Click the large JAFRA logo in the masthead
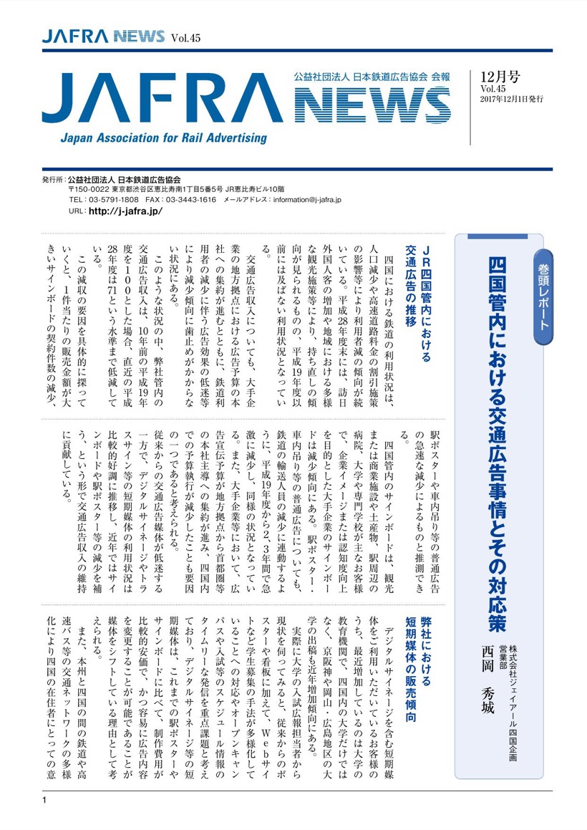point(165,102)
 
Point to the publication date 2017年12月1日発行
point(511,99)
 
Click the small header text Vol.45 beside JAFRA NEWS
point(185,38)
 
